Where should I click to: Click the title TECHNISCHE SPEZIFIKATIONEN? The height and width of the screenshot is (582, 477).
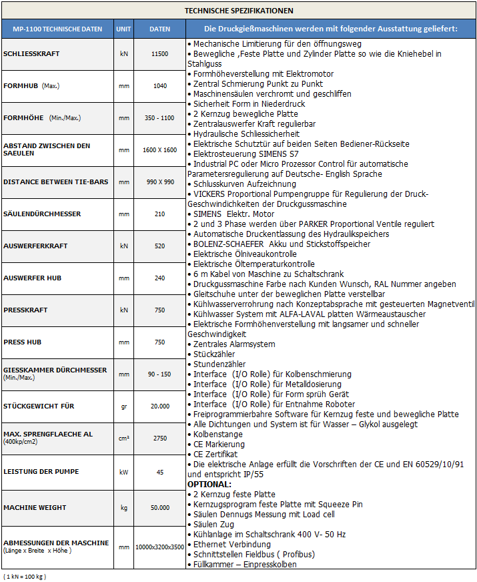pos(238,11)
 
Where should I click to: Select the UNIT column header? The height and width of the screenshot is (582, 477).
pos(123,29)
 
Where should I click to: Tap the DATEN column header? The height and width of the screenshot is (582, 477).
pos(160,29)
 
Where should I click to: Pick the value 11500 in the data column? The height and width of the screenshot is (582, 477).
pos(160,53)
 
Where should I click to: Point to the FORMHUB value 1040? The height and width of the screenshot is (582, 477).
pos(160,85)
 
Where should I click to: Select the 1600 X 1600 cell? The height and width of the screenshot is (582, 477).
pos(160,150)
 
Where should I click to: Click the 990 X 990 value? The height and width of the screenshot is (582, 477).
pos(160,182)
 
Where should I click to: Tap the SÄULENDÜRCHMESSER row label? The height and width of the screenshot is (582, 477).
pos(42,214)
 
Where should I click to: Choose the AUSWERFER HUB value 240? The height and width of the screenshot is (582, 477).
pos(160,278)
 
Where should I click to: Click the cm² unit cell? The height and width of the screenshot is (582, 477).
pos(123,439)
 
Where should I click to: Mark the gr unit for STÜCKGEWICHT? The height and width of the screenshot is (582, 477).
pos(123,406)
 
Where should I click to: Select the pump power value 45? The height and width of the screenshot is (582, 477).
pos(160,471)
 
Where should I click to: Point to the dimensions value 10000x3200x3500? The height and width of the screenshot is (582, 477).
pos(160,547)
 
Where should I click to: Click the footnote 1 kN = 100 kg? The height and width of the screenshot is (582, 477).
pos(25,575)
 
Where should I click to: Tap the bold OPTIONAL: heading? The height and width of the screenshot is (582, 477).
pos(209,484)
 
